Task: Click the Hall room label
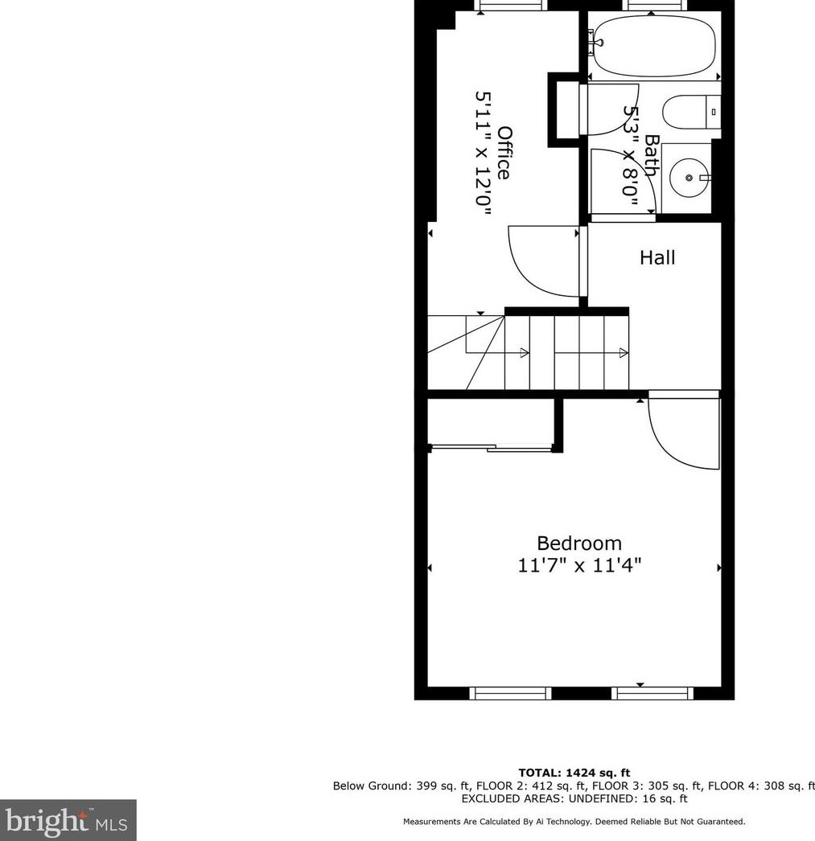pos(657,257)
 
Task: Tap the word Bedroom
pos(579,544)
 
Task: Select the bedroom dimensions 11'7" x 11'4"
pos(579,565)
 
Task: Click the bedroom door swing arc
pos(681,434)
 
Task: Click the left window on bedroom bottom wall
pos(510,693)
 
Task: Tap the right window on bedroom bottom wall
pos(652,693)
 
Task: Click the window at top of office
pos(510,5)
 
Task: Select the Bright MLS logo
pos(68,820)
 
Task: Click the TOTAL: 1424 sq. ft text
pos(574,773)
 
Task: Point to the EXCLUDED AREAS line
pos(574,798)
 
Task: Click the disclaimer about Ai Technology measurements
pos(574,822)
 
